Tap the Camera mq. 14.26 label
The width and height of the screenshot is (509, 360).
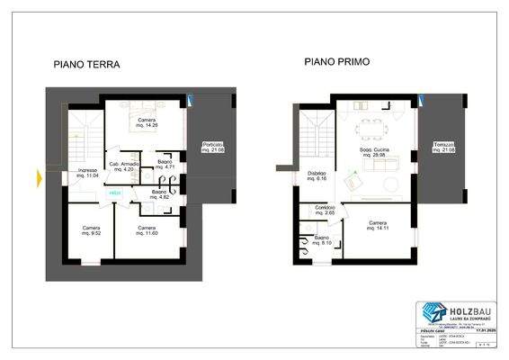click(x=147, y=122)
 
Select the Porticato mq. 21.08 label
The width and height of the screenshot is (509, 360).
click(x=213, y=147)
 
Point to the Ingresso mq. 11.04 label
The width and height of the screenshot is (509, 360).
click(x=86, y=173)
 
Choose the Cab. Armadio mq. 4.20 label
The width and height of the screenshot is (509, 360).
click(x=123, y=166)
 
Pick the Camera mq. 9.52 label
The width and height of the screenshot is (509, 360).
click(x=91, y=230)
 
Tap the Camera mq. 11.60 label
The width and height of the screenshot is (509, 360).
click(x=146, y=230)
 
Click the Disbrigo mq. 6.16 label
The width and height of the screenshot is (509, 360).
click(x=316, y=176)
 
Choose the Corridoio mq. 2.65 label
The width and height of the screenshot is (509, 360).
click(x=325, y=210)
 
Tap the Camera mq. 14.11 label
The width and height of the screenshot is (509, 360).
click(x=378, y=225)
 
